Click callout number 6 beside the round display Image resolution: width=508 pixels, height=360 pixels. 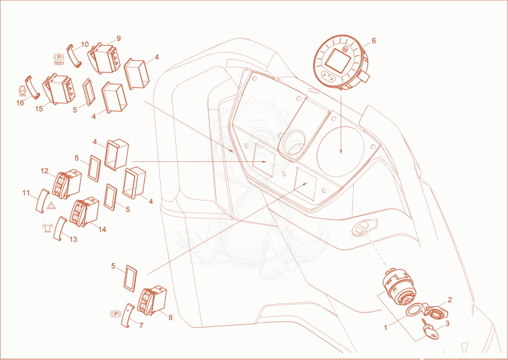(373, 41)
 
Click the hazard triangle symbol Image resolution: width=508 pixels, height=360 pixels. (51, 205)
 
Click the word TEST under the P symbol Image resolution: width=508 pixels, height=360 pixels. (59, 63)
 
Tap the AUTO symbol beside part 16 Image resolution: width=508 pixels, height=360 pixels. (22, 91)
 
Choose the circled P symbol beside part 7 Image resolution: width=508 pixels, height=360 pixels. (116, 314)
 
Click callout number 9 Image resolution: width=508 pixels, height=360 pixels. (119, 39)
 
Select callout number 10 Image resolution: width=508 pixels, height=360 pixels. (84, 44)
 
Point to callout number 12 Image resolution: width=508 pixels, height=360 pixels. (44, 171)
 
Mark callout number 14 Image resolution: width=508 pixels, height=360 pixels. (102, 229)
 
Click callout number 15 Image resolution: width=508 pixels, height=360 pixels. (39, 109)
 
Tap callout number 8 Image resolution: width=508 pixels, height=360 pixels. (170, 317)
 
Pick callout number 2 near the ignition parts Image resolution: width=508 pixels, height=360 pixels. (450, 300)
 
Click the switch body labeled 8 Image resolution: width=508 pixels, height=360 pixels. (152, 300)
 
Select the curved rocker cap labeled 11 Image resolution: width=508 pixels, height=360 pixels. (42, 201)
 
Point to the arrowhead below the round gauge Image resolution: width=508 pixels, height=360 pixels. (341, 150)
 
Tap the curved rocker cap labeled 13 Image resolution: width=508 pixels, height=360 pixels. (60, 229)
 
